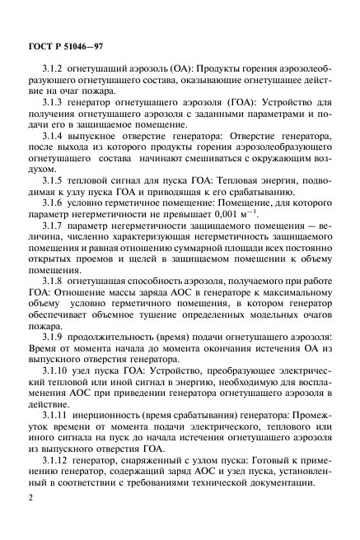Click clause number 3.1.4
63,143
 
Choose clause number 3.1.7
63,246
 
